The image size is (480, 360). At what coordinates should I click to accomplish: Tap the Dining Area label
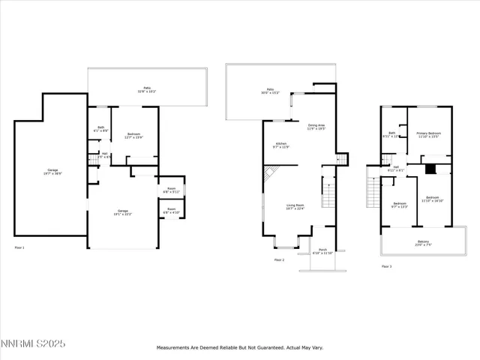click(x=316, y=127)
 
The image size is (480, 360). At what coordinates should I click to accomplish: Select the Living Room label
click(x=295, y=207)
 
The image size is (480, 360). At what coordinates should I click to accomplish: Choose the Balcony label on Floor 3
click(x=424, y=243)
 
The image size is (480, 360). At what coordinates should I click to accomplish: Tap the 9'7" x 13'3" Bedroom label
click(x=400, y=204)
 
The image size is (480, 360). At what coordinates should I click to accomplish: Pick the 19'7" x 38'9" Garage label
click(x=51, y=172)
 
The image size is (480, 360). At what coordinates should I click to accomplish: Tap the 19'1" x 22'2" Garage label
click(x=122, y=212)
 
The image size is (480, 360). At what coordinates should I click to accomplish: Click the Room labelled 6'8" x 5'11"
click(x=171, y=190)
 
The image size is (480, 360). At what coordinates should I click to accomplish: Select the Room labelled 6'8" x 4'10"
click(x=171, y=211)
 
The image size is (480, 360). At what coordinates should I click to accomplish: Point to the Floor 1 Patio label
click(x=147, y=88)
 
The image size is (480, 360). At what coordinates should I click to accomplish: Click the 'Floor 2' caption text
click(x=279, y=259)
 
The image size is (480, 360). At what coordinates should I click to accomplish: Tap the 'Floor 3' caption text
click(x=386, y=266)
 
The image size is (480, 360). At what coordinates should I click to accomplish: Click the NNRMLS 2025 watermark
click(x=34, y=343)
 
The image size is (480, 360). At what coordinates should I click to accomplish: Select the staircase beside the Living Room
click(x=327, y=194)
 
